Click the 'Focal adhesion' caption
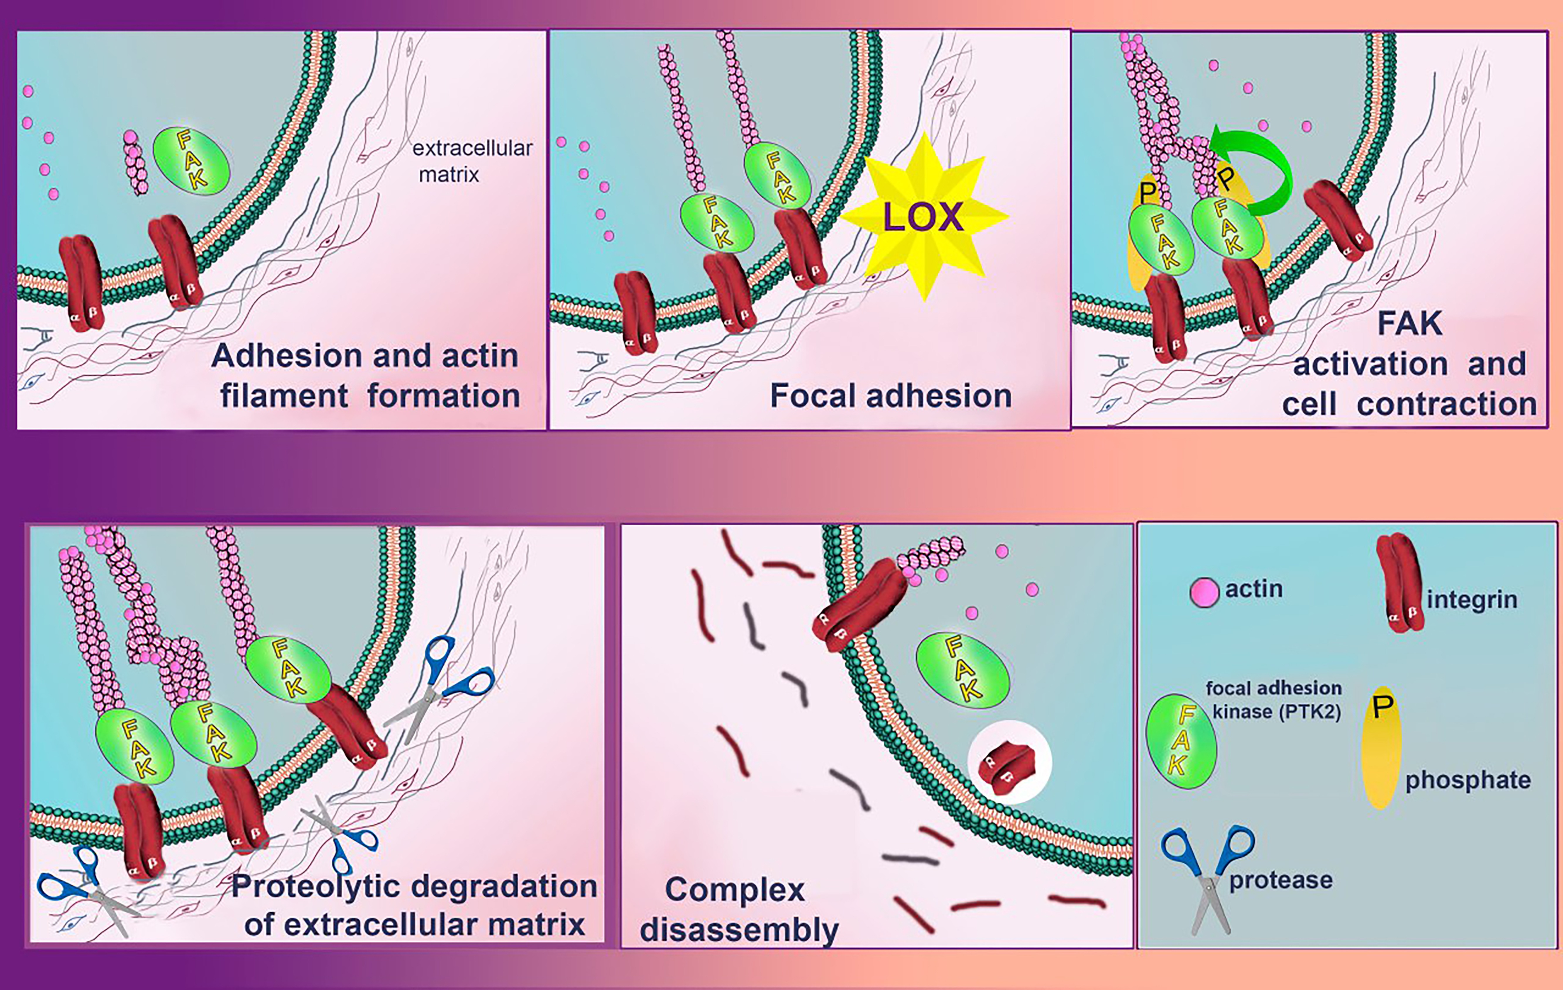click(x=891, y=395)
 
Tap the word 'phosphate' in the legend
click(x=1467, y=780)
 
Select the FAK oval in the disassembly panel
click(x=962, y=670)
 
